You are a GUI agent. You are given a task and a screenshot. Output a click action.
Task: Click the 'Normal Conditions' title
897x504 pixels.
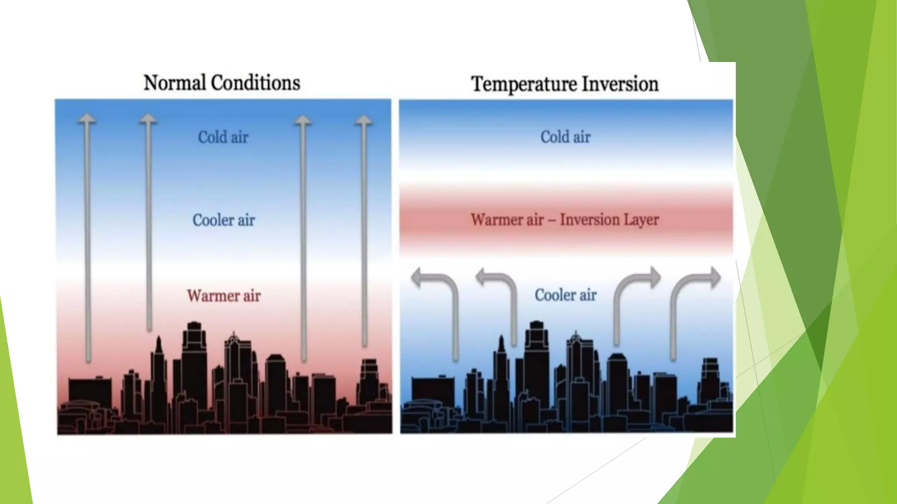222,83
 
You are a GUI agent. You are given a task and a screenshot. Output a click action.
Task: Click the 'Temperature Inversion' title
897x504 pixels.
565,84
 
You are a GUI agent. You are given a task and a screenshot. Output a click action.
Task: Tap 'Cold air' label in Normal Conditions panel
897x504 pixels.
223,137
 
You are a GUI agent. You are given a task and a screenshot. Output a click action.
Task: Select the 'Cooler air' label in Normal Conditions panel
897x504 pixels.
223,220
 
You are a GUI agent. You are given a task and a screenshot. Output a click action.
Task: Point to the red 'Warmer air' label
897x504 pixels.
223,296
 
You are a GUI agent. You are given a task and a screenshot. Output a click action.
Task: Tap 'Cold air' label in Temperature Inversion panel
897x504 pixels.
565,137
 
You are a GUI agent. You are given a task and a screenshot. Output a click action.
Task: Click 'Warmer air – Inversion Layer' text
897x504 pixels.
565,220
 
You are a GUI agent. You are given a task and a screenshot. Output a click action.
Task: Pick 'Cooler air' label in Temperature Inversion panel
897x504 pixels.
565,295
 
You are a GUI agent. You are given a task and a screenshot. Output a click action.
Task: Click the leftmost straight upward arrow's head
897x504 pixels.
87,119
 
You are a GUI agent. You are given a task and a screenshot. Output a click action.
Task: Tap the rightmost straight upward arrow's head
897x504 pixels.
364,121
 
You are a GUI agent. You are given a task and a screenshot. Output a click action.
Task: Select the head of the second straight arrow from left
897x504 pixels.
148,119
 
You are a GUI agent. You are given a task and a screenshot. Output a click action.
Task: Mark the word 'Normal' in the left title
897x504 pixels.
175,83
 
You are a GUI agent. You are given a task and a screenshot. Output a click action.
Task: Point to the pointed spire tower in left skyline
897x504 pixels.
159,350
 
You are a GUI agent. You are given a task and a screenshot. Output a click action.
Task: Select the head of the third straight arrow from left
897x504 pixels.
303,121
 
